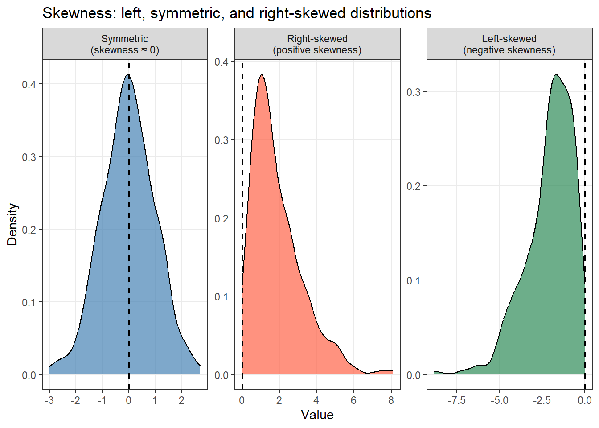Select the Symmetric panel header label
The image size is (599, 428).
[125, 44]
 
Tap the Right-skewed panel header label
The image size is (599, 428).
[317, 44]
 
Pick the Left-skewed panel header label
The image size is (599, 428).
[509, 44]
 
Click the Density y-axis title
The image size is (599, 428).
[12, 224]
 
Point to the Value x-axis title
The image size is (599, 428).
[317, 415]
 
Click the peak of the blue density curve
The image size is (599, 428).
[128, 74]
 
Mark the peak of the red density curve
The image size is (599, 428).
[262, 75]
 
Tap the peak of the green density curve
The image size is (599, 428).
[556, 75]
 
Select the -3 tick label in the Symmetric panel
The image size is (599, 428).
[49, 400]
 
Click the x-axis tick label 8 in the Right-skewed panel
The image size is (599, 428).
[391, 400]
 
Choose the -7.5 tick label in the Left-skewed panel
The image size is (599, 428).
[456, 400]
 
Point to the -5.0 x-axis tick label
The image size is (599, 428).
[499, 400]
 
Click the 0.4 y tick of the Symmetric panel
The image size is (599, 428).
[29, 84]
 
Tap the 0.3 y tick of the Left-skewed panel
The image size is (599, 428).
[414, 92]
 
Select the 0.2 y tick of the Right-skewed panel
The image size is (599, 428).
[222, 219]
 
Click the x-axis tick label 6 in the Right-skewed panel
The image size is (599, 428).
[353, 400]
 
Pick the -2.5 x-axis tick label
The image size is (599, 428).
[542, 400]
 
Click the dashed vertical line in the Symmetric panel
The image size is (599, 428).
[129, 223]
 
